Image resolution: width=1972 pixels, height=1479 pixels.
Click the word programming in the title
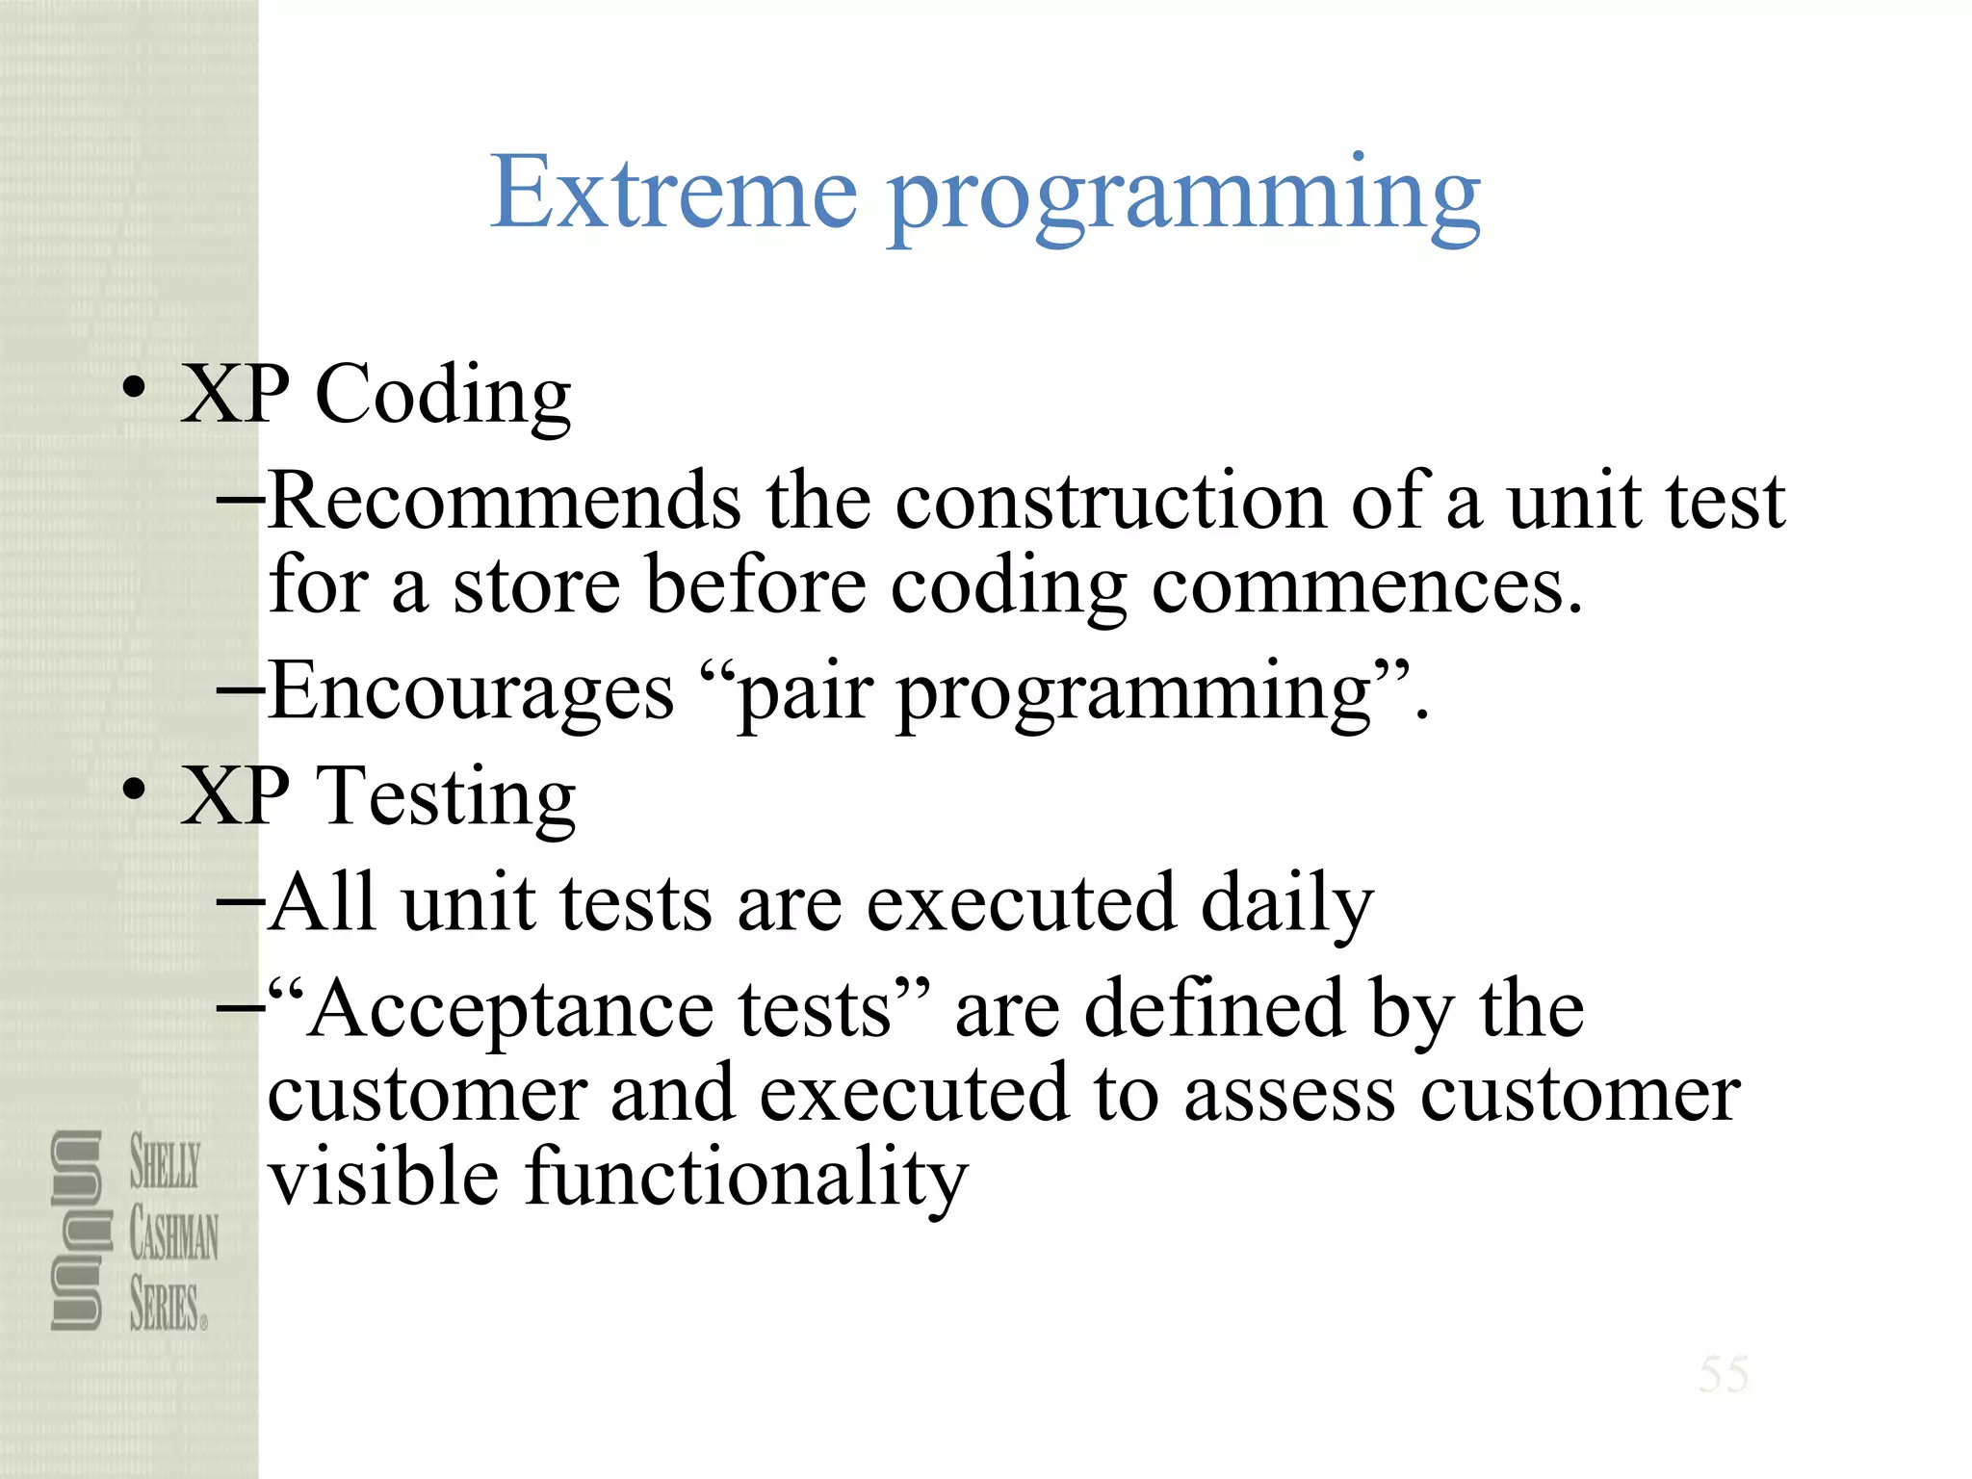click(1183, 197)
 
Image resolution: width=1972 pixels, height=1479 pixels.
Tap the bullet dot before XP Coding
click(134, 389)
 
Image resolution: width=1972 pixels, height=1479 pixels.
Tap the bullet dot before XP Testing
click(134, 791)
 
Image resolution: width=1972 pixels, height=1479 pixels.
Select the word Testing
click(447, 798)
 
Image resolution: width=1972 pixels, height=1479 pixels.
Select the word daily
click(1286, 904)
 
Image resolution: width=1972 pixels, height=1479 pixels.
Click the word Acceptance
click(511, 1010)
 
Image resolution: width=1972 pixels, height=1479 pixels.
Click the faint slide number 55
click(1724, 1374)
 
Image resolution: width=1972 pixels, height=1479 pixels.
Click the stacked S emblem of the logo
click(77, 1231)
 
